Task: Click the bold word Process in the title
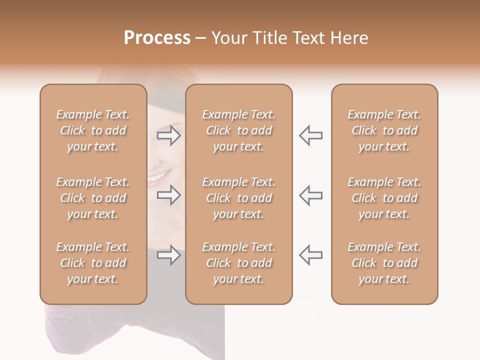pos(157,38)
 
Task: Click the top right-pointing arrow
pos(168,135)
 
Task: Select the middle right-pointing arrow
pos(168,195)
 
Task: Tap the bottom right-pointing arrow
pos(168,255)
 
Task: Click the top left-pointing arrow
pos(310,135)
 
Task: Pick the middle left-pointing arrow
pos(310,195)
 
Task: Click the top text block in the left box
pos(93,130)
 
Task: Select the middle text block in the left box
pos(93,198)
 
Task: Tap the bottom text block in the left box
pos(93,263)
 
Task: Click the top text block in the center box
pos(238,130)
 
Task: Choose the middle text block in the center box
pos(238,198)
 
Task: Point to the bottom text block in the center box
pos(238,263)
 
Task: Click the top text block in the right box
pos(384,130)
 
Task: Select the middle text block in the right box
pos(384,198)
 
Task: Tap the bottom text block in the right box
pos(384,263)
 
